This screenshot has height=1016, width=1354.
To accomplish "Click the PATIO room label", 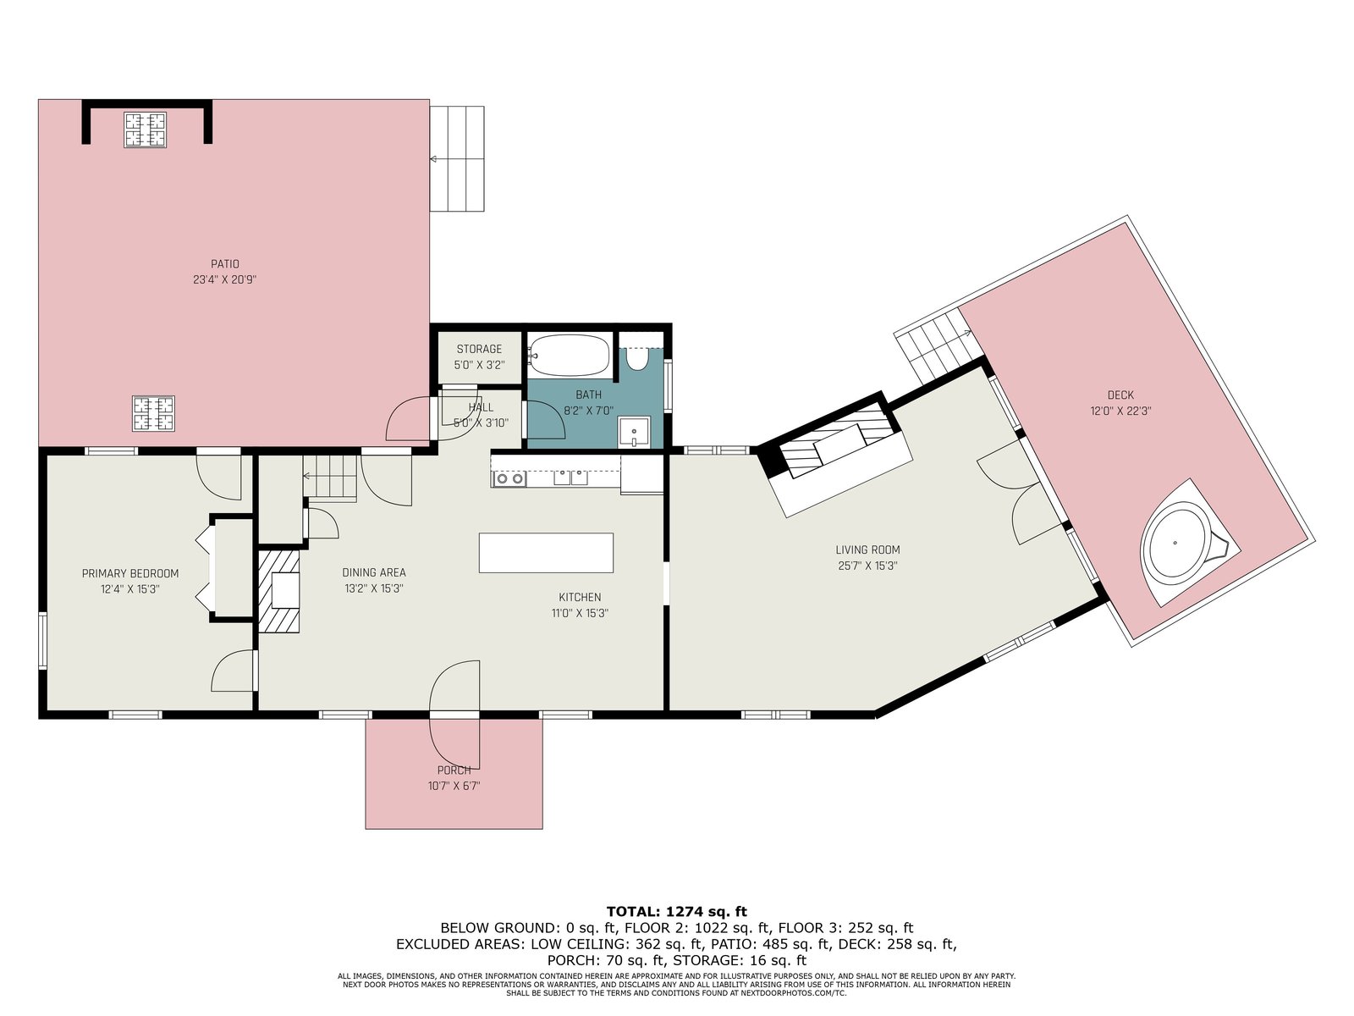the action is [224, 264].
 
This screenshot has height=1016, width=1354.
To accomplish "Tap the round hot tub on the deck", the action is [1175, 544].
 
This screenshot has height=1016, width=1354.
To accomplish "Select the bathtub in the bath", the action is [569, 355].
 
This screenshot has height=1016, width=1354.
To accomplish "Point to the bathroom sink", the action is [634, 432].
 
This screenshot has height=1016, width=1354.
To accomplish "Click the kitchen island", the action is [546, 553].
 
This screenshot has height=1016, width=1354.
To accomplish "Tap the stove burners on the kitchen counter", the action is [509, 478].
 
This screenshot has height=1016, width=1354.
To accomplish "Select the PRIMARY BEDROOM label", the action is [130, 574].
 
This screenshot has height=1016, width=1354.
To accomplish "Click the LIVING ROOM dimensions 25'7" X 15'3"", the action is [867, 566].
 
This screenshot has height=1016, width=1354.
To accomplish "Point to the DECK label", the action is [1120, 395].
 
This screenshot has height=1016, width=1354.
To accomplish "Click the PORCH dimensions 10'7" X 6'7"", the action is [454, 786].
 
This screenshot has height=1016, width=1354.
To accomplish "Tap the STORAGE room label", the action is [479, 349].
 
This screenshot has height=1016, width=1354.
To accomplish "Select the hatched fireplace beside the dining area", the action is [278, 592].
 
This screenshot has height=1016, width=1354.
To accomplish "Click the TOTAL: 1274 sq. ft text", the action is [677, 912].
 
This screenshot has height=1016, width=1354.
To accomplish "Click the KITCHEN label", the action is [580, 597].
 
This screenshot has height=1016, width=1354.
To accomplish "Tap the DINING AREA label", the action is [374, 572].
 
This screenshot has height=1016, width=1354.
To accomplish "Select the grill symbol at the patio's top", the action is [146, 130].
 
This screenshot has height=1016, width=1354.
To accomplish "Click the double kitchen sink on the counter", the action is [570, 478].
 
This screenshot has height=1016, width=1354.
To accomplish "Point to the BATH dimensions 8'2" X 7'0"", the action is [588, 411].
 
